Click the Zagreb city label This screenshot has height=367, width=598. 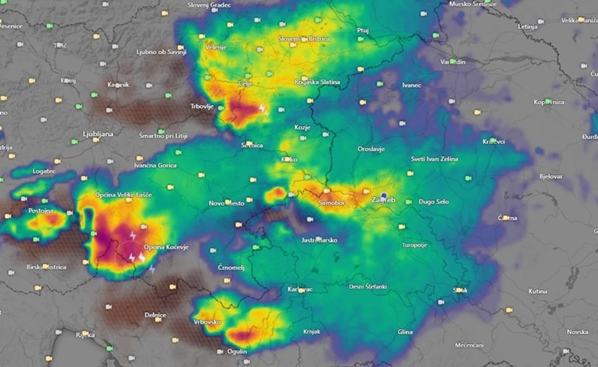tap(383, 200)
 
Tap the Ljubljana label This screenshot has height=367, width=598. tap(97, 134)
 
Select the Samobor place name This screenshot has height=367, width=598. tap(331, 202)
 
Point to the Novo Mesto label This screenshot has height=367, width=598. tap(226, 204)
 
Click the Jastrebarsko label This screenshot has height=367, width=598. tap(319, 240)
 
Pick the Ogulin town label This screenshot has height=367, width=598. tap(237, 351)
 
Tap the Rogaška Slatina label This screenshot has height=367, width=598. tap(317, 82)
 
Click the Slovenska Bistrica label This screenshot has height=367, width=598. tap(304, 39)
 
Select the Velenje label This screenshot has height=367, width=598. tap(216, 47)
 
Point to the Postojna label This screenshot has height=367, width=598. tap(41, 211)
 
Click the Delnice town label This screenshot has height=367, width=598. tap(155, 315)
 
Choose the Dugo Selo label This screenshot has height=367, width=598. tap(433, 202)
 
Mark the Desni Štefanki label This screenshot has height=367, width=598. tap(368, 287)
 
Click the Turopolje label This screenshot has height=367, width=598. tap(415, 245)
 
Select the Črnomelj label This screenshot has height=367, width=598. tap(231, 268)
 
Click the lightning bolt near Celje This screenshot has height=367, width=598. tap(262, 109)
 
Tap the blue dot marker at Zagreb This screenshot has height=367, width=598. tap(384, 196)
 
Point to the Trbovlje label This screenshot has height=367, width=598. tap(202, 106)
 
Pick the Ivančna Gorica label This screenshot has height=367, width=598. tap(155, 165)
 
